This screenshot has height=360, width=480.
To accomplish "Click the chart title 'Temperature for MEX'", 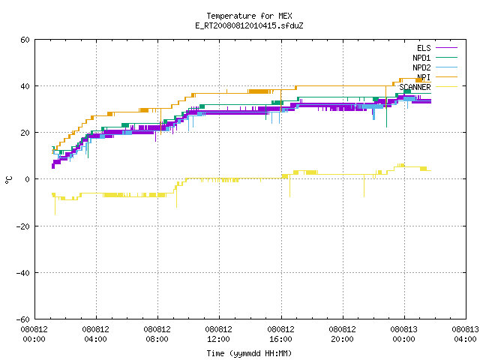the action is pos(249,16).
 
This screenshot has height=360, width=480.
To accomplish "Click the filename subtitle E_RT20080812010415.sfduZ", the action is pos(249,25).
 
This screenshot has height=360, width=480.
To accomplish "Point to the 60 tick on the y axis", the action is pos(25,40).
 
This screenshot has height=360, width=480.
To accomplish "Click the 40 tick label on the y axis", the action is pos(25,86).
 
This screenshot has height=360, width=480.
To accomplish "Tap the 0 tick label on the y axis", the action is pos(27,179).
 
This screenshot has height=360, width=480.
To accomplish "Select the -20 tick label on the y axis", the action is pos(23,226).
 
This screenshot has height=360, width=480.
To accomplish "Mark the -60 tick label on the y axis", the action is pos(23,319).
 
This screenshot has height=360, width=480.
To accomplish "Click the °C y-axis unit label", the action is pos(8,180).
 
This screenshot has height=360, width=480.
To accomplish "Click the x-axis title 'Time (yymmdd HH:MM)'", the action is pos(249,353).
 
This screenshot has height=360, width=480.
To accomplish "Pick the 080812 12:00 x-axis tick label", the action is pos(218,334).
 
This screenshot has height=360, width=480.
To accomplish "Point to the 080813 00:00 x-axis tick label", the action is pos(403,334).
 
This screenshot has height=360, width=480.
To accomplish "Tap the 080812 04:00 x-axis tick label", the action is pos(95,334).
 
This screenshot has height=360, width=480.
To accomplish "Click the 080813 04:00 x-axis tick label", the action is pos(465,334).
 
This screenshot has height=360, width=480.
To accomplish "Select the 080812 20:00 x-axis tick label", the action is pos(342,334).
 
